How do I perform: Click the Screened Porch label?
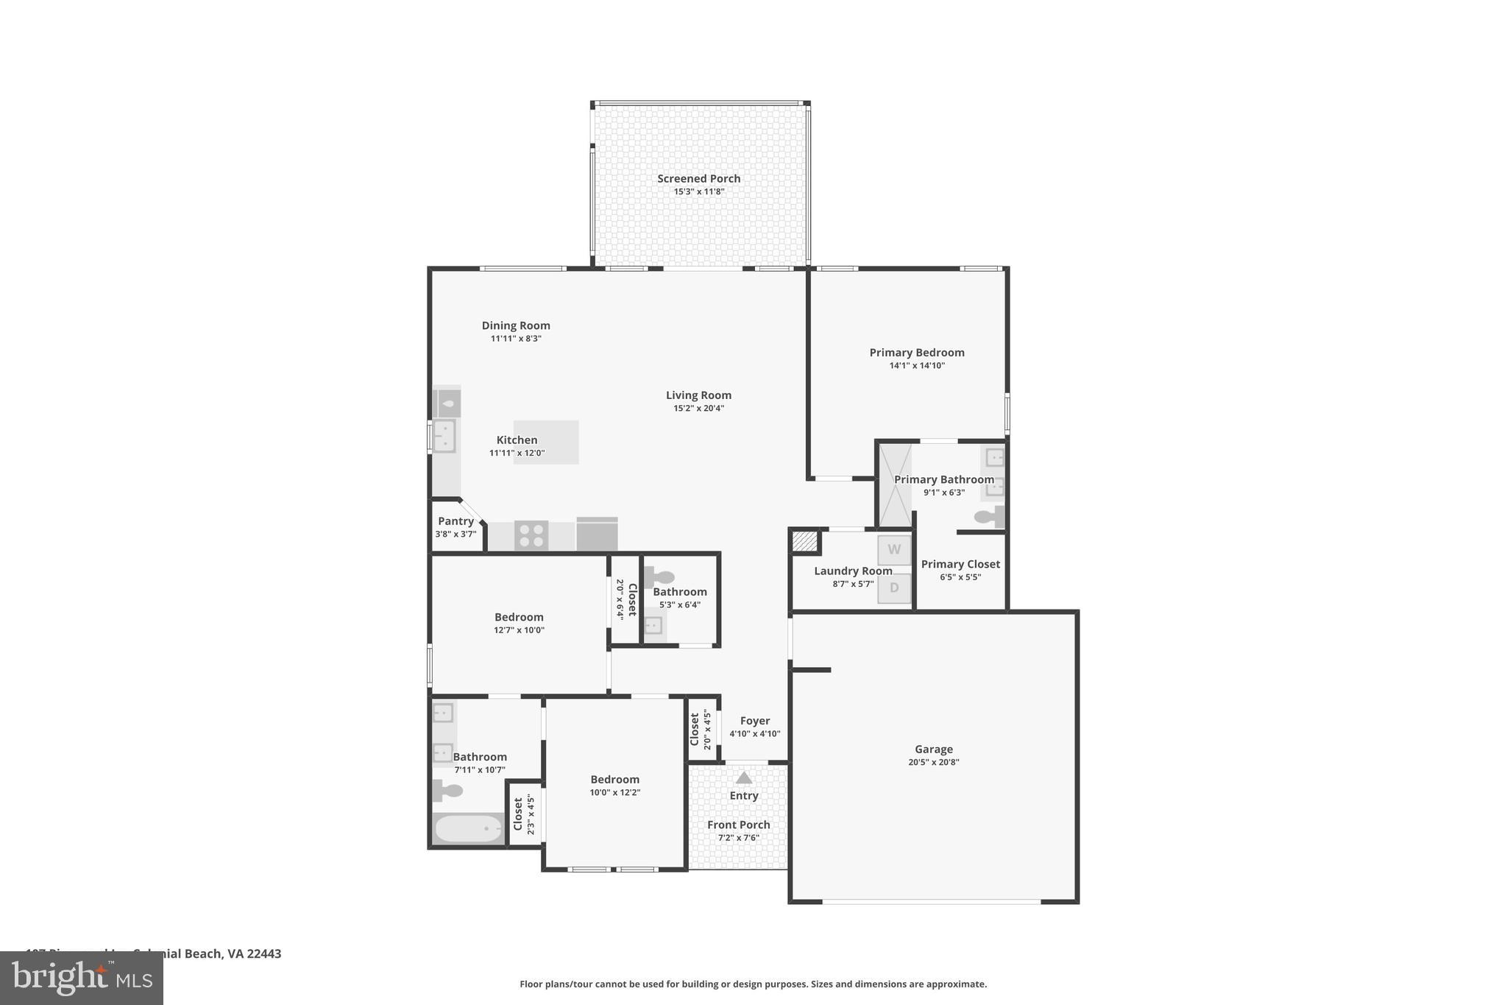tap(698, 178)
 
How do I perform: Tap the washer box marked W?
tap(894, 549)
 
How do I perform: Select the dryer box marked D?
tap(894, 588)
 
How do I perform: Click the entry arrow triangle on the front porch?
tap(744, 777)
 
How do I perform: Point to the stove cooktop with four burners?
tap(531, 535)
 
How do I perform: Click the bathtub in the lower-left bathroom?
tap(469, 829)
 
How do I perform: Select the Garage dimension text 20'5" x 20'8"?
tap(933, 762)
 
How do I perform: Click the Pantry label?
tap(455, 521)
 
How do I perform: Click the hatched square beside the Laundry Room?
tap(805, 542)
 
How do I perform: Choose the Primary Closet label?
tap(960, 564)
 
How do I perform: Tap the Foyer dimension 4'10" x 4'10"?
tap(754, 733)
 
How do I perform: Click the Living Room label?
tap(698, 395)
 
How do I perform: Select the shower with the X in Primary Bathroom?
tap(895, 484)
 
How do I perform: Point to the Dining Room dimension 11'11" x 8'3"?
tap(516, 339)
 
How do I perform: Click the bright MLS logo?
tap(82, 978)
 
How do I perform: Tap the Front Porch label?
tap(738, 825)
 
